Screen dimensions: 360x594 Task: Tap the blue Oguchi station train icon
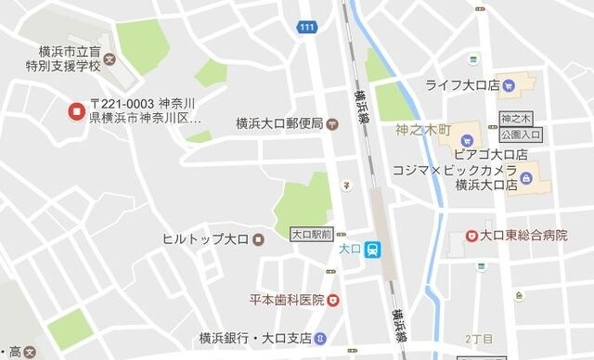tap(371, 249)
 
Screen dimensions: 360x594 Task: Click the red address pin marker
tap(76, 112)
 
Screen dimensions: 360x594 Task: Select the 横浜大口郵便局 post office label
tap(278, 122)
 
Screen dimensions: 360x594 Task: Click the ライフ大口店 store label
tap(462, 85)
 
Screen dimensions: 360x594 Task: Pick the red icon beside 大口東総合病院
tap(471, 236)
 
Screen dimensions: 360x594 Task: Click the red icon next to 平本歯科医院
tap(332, 300)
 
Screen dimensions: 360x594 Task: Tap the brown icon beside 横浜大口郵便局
tap(331, 122)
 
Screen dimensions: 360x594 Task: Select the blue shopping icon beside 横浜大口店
tap(526, 177)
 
